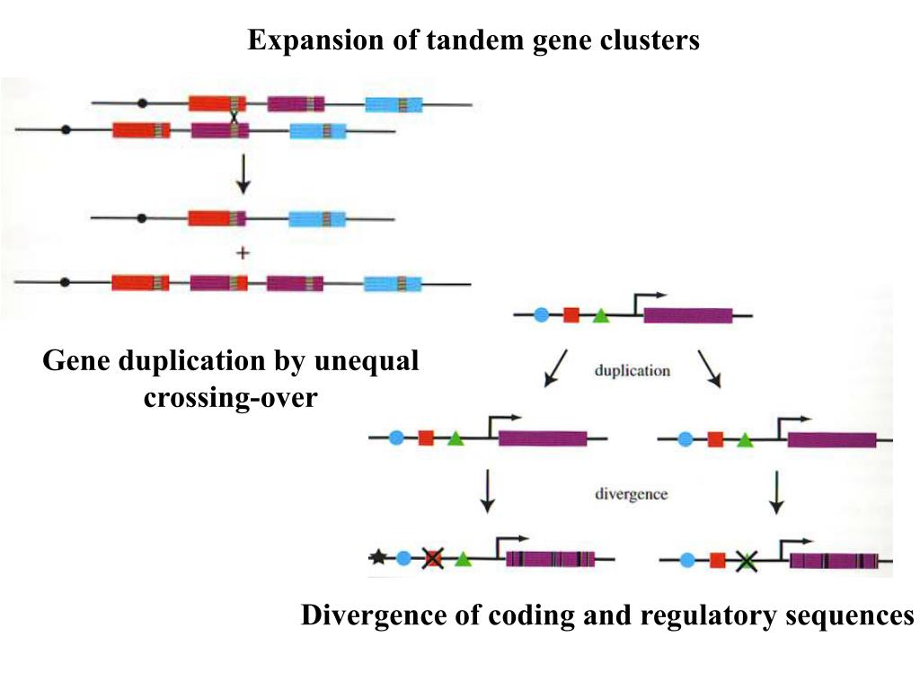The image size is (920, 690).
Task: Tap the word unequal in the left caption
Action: coord(367,361)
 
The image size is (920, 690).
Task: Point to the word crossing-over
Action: coord(231,398)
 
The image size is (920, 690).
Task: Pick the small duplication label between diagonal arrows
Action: coord(632,371)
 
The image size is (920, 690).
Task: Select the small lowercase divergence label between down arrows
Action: coord(632,494)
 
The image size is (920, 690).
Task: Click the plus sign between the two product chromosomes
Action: coord(243,252)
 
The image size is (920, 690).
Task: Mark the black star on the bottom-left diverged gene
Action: coord(378,556)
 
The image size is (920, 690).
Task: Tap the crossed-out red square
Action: coord(433,558)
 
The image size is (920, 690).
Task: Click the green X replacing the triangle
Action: coord(746,562)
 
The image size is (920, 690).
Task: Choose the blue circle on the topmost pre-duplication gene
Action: coord(542,315)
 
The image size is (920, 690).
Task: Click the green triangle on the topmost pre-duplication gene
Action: coord(599,315)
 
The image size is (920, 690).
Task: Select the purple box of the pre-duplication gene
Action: coord(688,315)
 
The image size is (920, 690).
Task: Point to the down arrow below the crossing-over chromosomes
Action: coord(243,174)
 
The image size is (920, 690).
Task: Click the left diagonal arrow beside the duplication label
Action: coord(555,368)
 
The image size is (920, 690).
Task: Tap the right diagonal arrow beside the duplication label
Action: coord(710,369)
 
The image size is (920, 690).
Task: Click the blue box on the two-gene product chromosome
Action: coord(317,219)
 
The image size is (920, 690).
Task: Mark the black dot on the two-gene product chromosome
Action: coord(141,218)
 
